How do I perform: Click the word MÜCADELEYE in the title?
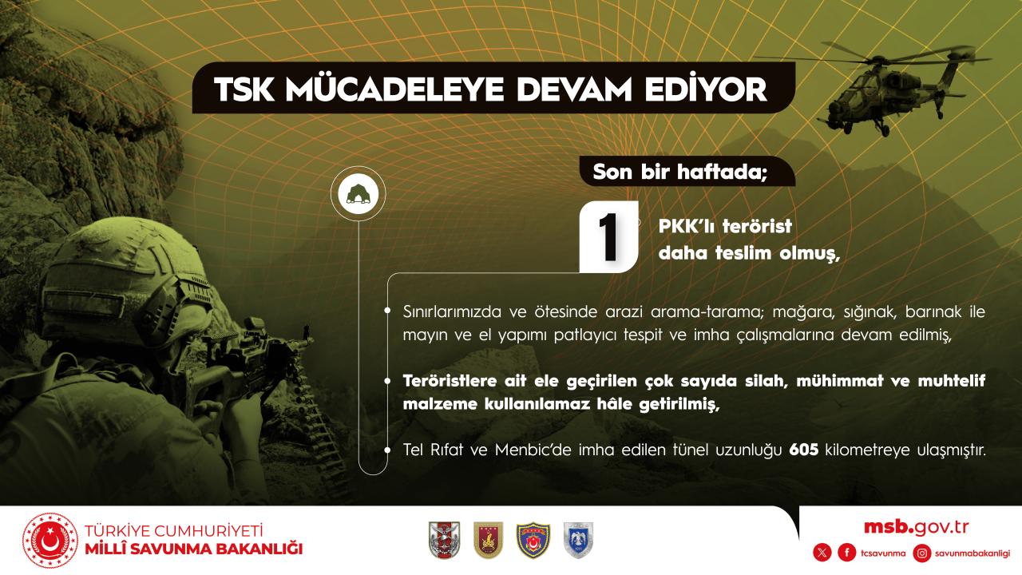pos(394,89)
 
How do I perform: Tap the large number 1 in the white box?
pos(608,237)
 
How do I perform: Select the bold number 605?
pos(804,450)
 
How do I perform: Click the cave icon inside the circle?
pos(358,194)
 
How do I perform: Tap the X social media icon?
pos(822,553)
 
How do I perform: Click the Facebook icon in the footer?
pos(847,553)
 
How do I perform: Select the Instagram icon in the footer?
pos(922,553)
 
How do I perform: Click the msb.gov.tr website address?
pos(916,527)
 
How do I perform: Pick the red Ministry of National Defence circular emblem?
pos(50,541)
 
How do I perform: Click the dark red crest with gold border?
pos(488,540)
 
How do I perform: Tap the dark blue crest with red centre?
pos(533,540)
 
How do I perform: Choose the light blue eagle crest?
pos(578,540)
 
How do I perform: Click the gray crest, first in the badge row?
pos(445,540)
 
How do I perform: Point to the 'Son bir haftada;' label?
pos(679,172)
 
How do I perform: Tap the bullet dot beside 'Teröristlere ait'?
pos(387,381)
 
